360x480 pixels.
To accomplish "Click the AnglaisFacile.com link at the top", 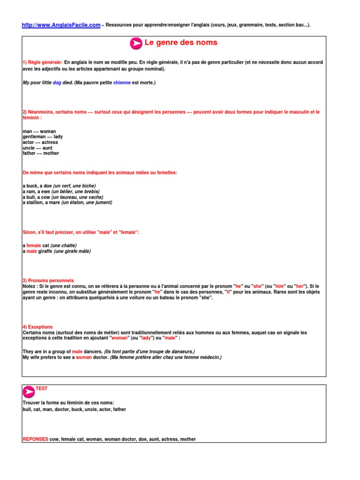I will tap(61, 25).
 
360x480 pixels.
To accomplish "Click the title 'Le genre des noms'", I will tap(181, 43).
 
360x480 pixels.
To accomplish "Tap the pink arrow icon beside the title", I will tap(136, 44).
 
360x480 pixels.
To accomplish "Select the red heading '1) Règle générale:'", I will tap(42, 62).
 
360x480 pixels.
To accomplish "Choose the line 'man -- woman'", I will tap(39, 132).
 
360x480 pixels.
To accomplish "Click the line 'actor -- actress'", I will tap(40, 142).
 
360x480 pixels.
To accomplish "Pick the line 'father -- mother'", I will tap(41, 153).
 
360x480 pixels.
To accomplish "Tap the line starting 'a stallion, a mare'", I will tap(67, 202).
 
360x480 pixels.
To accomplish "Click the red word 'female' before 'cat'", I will tap(34, 246).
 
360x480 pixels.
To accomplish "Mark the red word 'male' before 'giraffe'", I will tap(31, 251).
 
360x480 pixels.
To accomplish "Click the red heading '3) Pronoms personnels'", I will tap(48, 280).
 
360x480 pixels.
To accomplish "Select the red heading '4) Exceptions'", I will tap(37, 327).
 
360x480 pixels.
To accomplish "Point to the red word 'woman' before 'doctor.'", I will tap(84, 357).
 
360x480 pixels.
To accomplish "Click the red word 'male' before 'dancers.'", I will tap(77, 352).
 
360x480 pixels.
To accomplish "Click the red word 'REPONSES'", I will tap(35, 439).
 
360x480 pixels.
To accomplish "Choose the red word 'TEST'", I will tap(42, 389).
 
